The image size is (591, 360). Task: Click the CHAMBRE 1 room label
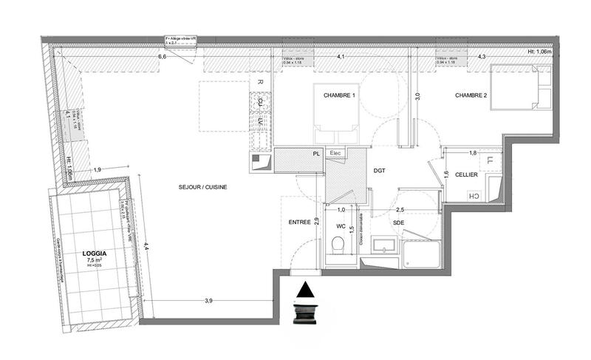click(x=340, y=96)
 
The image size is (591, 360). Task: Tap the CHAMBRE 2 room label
click(x=471, y=95)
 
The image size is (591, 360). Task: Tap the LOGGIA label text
click(x=95, y=252)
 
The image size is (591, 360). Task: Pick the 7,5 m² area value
click(x=95, y=260)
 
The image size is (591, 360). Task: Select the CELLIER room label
click(x=466, y=174)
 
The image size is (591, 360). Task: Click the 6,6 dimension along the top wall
click(x=161, y=56)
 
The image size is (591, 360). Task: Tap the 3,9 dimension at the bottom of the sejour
click(x=208, y=300)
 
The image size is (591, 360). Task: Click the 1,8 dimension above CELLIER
click(x=473, y=152)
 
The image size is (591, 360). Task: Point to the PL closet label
click(x=316, y=154)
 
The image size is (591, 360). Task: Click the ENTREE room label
click(x=298, y=222)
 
